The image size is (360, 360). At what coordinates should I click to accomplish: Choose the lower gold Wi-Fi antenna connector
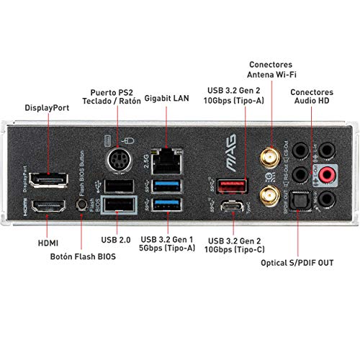tap(270, 192)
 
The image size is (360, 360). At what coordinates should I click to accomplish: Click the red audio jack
tap(329, 174)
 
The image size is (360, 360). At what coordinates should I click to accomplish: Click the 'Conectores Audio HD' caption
tap(312, 97)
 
